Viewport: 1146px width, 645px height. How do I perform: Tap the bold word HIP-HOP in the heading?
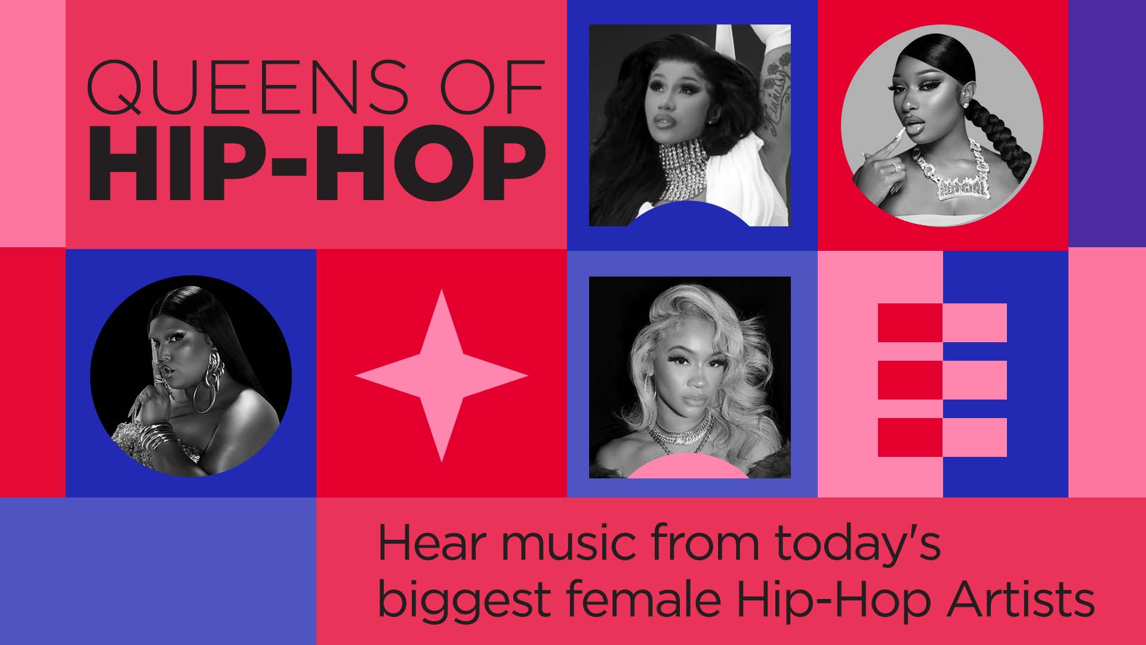[x=317, y=164]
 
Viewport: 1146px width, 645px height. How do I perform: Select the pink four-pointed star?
[x=441, y=376]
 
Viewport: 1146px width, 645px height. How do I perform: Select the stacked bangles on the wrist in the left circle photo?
[x=157, y=435]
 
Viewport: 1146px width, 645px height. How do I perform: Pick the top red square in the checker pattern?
[x=910, y=322]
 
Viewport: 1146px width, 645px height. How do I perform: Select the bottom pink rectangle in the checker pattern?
[x=975, y=437]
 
